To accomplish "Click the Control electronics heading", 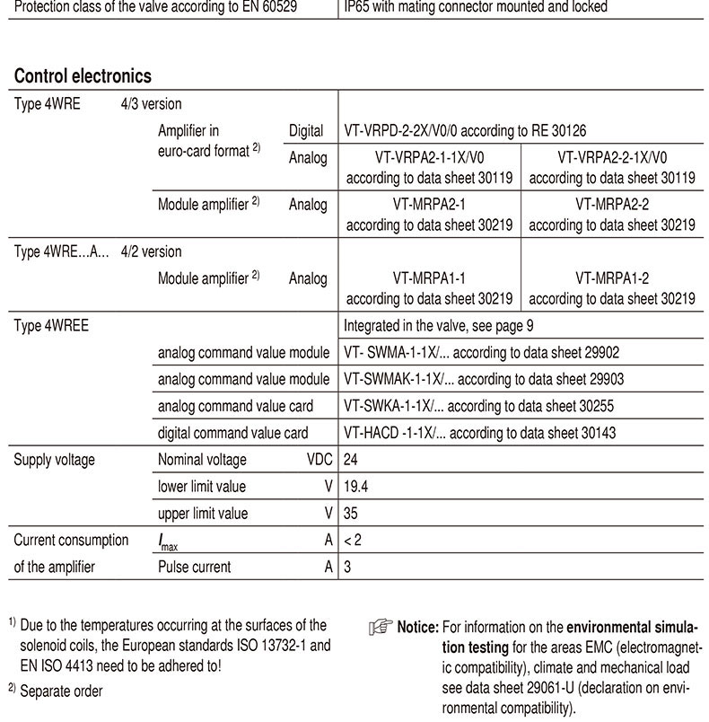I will click(x=83, y=75).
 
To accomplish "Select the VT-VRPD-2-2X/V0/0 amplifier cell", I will click(x=467, y=131).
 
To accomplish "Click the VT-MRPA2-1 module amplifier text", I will click(x=429, y=205).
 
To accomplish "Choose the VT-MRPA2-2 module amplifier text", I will click(x=612, y=205).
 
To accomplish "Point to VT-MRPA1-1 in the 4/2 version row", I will click(x=429, y=279).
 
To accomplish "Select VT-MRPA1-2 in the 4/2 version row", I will click(x=612, y=279).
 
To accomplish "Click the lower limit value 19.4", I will click(x=356, y=487).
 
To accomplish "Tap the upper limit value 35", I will click(x=352, y=514).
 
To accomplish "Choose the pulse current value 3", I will click(x=348, y=567).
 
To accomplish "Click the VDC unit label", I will click(x=319, y=460).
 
